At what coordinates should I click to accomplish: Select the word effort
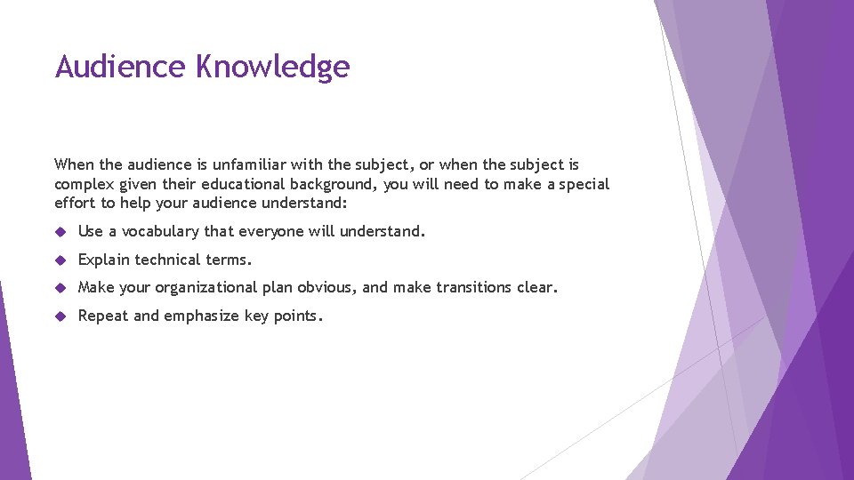coord(75,204)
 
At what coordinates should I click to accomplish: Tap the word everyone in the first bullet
coord(269,232)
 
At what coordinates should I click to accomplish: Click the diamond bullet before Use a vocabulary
coord(60,232)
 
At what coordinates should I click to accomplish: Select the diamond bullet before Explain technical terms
coord(60,260)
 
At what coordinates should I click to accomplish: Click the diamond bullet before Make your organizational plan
coord(60,288)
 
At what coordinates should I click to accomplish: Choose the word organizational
coord(206,288)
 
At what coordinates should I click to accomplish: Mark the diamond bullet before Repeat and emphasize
coord(60,316)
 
